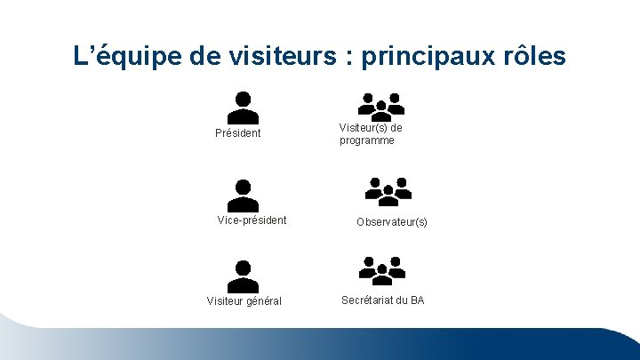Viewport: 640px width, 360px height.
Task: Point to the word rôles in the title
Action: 532,57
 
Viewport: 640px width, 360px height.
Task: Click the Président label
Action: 238,133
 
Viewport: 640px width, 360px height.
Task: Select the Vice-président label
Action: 252,220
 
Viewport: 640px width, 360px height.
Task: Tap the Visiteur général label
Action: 244,301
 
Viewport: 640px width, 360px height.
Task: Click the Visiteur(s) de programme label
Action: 371,133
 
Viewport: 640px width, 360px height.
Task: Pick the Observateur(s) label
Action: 392,221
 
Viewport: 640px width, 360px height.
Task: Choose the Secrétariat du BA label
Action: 383,300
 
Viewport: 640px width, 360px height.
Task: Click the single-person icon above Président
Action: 244,108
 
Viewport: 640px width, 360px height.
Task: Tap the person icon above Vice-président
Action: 244,196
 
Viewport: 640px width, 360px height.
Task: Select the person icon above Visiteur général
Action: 243,276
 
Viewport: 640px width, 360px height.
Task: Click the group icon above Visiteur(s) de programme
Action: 381,106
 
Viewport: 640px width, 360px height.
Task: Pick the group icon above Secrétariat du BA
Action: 382,270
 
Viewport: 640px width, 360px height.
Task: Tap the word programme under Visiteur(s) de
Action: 367,140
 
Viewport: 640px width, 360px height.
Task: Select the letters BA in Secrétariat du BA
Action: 417,300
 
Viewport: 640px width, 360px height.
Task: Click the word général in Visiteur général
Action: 263,301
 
